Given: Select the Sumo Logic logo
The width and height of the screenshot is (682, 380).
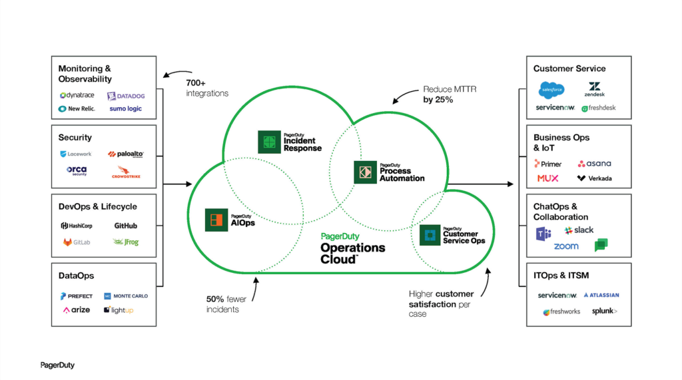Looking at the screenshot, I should coord(125,108).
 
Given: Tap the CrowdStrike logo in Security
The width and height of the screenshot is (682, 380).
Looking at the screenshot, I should coord(125,174).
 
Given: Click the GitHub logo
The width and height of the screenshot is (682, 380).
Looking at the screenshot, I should coord(125,226).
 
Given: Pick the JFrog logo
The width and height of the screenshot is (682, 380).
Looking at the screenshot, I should coord(125,242).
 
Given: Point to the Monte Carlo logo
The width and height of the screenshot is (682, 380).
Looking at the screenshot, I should coord(126,295).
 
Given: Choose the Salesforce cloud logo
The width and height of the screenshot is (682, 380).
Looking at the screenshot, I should coord(551,89).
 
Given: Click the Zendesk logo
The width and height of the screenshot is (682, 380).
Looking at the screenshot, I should coord(595,89).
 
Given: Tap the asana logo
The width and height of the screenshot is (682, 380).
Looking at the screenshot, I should coord(594,163).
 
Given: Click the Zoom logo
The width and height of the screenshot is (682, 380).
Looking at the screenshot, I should coord(566,246).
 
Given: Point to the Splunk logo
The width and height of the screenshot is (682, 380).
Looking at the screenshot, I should coord(604,311).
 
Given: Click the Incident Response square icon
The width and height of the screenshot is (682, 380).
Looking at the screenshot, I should coord(269,142).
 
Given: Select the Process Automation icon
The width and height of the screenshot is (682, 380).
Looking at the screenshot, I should coord(365,172).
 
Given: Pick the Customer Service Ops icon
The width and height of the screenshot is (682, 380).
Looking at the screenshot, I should coord(430,234).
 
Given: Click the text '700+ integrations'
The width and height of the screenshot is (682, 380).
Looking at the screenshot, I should coord(208,89).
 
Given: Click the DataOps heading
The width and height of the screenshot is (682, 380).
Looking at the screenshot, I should coord(76,276).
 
